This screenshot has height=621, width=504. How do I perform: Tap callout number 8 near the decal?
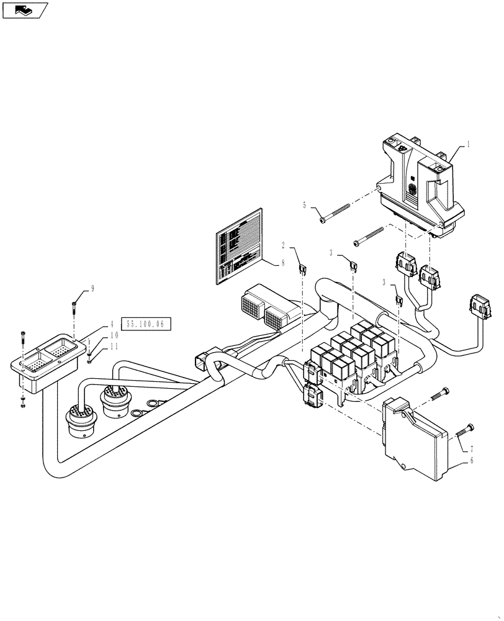[282, 263]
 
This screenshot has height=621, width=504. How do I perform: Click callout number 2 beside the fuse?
[282, 245]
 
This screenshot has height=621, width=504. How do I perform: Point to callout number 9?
[92, 289]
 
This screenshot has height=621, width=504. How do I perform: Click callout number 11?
[112, 347]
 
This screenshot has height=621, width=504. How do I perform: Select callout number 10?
[112, 335]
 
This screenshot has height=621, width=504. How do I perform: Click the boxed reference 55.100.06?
[147, 324]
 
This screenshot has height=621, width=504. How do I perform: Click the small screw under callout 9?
[73, 305]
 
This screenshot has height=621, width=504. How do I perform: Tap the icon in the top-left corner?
[25, 10]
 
